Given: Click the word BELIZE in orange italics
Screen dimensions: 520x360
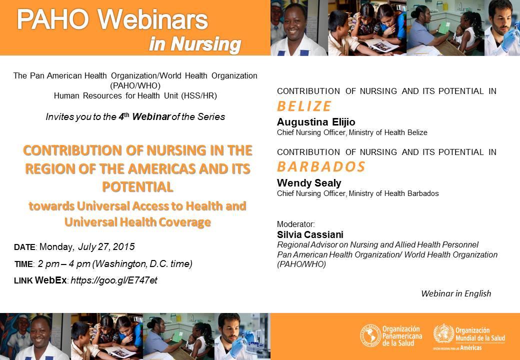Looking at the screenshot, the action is point(304,106).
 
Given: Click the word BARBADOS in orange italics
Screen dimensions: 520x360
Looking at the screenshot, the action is point(321,166).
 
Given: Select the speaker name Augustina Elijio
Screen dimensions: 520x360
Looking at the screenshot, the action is point(316,122).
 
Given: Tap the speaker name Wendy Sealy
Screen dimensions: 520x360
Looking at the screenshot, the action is point(309,183).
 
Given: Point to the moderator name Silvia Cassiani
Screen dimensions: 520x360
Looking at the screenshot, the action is point(310,234).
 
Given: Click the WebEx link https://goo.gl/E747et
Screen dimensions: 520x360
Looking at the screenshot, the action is point(114,280).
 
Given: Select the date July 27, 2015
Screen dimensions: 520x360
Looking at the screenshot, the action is point(106,247).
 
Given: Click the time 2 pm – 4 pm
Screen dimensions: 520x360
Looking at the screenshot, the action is point(64,264).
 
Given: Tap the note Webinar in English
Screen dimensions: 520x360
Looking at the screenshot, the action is point(456,293).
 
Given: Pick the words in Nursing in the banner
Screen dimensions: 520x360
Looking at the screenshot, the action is point(195,44).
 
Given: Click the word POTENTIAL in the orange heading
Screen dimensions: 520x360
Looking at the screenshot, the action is point(137,187).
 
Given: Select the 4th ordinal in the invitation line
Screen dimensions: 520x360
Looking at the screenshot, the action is point(124,116).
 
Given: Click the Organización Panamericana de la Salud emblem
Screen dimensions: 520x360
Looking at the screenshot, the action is point(370,336).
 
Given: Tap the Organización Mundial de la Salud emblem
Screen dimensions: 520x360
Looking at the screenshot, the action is point(443,333).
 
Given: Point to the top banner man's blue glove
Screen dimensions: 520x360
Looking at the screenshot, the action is point(509,39).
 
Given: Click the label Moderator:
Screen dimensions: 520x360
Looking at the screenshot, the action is point(296,224).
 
